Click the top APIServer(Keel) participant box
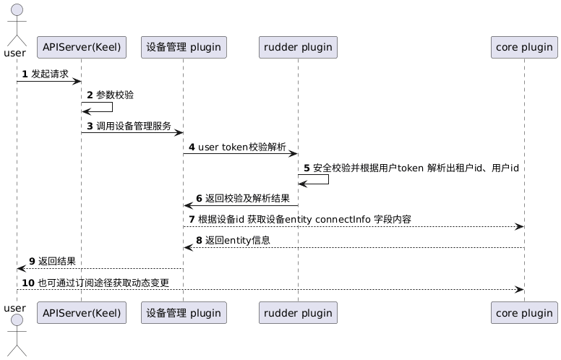click(x=81, y=48)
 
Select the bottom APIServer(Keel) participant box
click(x=81, y=312)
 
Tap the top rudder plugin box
click(x=298, y=48)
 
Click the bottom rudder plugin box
click(x=298, y=312)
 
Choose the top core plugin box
click(x=523, y=48)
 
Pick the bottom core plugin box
click(x=523, y=312)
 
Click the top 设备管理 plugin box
click(x=184, y=48)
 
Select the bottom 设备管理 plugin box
click(x=184, y=312)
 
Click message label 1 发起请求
click(x=50, y=74)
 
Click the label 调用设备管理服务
click(x=134, y=126)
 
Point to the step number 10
click(x=29, y=282)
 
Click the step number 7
click(x=192, y=219)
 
